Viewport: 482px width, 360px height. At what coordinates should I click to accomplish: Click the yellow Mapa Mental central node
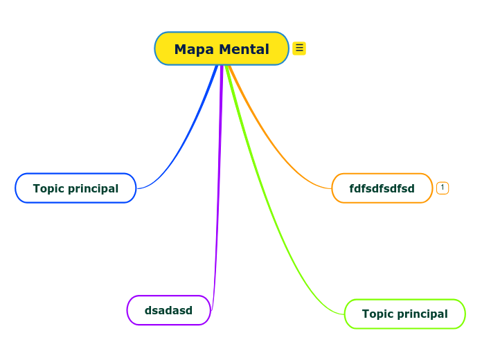(x=222, y=48)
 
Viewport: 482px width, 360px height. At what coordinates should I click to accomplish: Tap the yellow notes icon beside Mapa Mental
(x=299, y=48)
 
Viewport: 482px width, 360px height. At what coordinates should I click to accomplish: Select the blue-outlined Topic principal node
(x=75, y=188)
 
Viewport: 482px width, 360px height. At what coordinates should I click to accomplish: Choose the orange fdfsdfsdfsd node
(x=382, y=188)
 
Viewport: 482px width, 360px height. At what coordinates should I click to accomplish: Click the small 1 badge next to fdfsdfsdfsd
(x=443, y=188)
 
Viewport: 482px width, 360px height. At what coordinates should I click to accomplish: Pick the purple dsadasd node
(x=168, y=310)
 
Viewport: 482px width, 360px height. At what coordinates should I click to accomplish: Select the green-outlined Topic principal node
(x=404, y=314)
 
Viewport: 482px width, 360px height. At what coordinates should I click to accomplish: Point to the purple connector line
(x=220, y=173)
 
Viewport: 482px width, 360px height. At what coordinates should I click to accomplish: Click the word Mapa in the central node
(x=194, y=49)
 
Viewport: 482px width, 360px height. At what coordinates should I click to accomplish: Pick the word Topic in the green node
(x=377, y=314)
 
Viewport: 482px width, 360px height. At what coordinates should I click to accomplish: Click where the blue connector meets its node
(x=137, y=188)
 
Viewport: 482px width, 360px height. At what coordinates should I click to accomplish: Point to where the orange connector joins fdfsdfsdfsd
(x=332, y=188)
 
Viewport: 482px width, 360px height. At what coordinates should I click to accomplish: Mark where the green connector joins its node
(x=344, y=314)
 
